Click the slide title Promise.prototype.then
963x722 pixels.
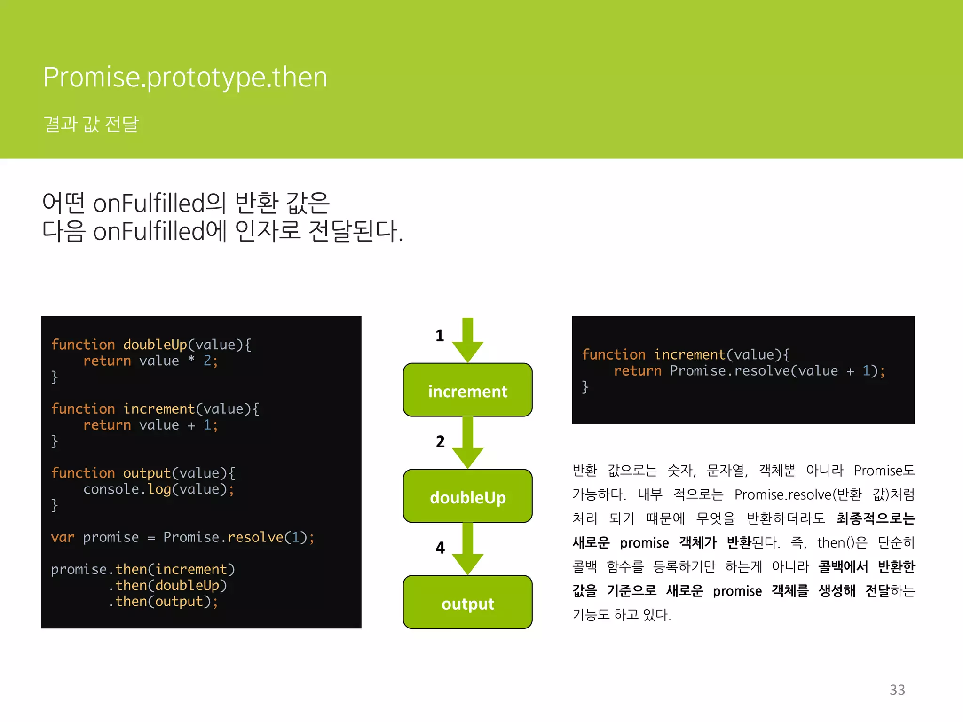(185, 77)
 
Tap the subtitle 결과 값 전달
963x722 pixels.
(91, 124)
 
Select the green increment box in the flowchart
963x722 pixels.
(467, 390)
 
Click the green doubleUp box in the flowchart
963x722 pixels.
(467, 496)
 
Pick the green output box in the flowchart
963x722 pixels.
(467, 603)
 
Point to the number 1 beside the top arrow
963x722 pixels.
(440, 336)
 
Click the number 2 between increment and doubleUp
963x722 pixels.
(440, 442)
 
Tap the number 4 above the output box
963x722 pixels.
(440, 548)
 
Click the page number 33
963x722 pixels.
(897, 690)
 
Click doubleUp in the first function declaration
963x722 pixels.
(155, 345)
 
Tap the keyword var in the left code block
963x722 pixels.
(63, 537)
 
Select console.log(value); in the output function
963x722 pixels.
(158, 489)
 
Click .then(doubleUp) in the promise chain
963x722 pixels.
(167, 586)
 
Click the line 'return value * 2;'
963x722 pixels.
(150, 361)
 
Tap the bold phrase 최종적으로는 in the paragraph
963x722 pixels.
(876, 518)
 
